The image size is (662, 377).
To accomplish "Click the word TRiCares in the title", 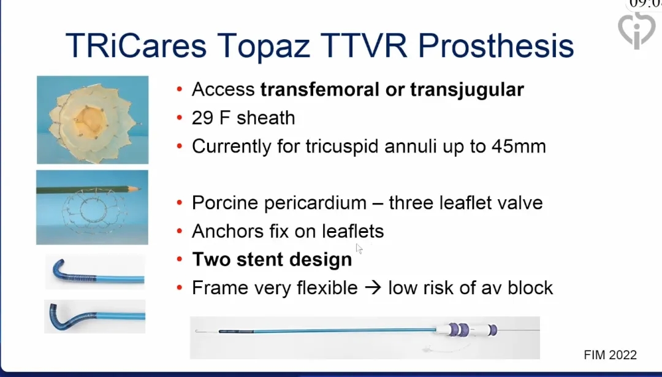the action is (136, 45).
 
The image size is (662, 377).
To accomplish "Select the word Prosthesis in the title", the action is (496, 45).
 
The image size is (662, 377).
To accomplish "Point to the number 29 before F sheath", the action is (202, 118).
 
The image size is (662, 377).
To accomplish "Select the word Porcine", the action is (225, 203).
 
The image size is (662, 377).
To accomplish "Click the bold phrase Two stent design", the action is (272, 259).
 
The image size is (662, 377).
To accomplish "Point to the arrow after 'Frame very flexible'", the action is (373, 288).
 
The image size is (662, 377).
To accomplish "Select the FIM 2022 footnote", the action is (610, 355).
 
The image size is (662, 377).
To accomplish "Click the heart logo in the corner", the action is (636, 29).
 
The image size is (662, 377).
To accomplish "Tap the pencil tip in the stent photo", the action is (139, 189).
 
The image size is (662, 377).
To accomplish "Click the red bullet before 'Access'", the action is (180, 89).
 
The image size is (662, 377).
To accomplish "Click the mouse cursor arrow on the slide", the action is (359, 249).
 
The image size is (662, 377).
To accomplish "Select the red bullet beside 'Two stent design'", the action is (180, 259).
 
